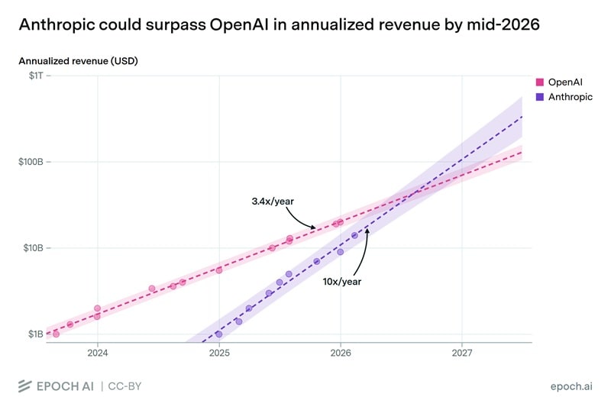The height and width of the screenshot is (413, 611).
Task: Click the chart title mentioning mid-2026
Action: (x=279, y=24)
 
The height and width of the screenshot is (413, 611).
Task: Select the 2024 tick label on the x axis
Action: (x=98, y=353)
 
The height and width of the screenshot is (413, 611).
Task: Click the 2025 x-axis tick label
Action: (x=219, y=353)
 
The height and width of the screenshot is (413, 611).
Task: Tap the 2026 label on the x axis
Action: (x=341, y=353)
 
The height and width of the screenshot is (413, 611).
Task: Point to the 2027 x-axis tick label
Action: (x=462, y=353)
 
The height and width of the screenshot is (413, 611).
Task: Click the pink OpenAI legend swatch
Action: (x=540, y=82)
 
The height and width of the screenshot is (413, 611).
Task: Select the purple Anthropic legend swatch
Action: (x=540, y=97)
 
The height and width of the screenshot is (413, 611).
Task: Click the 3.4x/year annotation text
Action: (x=273, y=201)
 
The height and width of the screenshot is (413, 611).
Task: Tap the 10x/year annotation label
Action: (x=341, y=281)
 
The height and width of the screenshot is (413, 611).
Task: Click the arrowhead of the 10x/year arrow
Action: (x=367, y=230)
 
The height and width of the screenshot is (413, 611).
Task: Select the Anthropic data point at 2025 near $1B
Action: (x=219, y=334)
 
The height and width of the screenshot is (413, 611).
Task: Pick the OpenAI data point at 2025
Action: (x=219, y=270)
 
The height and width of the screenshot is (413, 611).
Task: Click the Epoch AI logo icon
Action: (x=24, y=386)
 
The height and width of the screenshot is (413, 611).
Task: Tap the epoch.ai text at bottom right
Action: (x=571, y=386)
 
